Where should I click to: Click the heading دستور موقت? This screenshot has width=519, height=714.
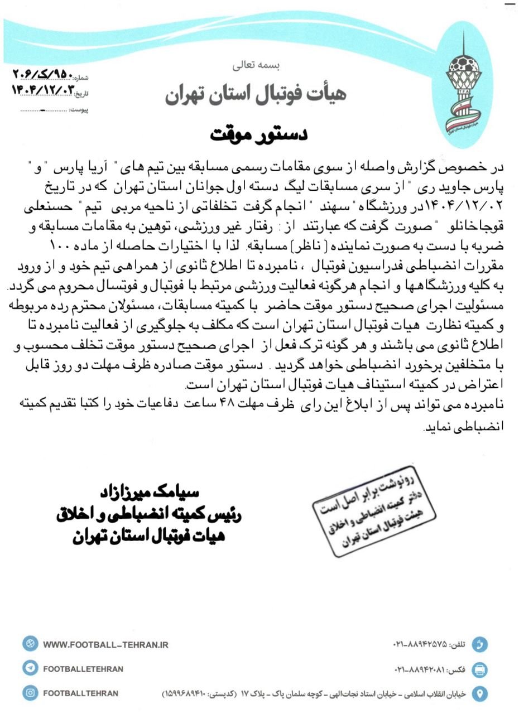[x=259, y=136]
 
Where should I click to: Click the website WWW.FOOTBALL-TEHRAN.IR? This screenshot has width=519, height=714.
[x=105, y=645]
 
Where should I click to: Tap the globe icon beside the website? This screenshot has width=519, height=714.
[x=30, y=644]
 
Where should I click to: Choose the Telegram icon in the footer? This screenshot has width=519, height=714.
[x=30, y=668]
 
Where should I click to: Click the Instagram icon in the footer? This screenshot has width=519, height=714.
[x=30, y=693]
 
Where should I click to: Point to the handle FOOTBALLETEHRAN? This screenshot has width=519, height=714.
[x=83, y=669]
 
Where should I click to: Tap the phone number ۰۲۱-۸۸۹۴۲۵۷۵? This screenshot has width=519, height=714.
[x=420, y=645]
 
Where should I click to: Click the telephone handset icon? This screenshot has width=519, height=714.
[x=479, y=645]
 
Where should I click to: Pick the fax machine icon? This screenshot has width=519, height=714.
[x=479, y=669]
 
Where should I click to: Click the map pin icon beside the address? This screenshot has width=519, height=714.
[x=479, y=693]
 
